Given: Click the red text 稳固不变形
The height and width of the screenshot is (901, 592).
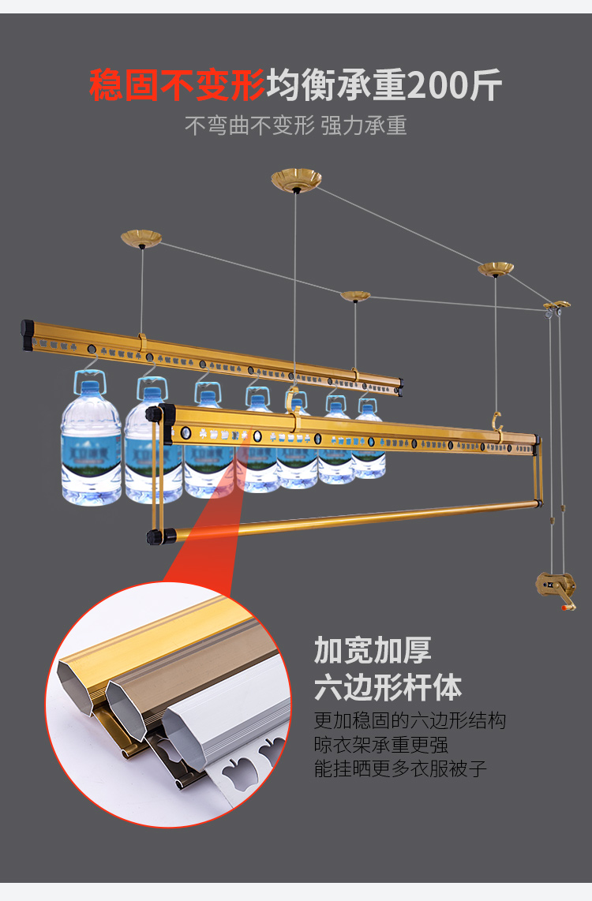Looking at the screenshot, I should tap(177, 85).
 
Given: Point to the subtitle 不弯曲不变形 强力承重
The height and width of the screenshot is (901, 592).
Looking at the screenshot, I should tap(296, 126).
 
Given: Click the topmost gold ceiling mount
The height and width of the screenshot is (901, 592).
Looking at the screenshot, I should tap(296, 181).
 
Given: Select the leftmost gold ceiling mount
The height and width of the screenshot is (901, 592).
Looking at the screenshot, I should tap(141, 237).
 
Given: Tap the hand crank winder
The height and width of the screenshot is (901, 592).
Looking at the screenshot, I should tap(556, 587).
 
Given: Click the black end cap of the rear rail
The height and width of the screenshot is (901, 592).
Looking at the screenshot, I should tap(28, 335).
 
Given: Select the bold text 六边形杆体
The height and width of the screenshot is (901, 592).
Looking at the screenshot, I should tap(388, 687).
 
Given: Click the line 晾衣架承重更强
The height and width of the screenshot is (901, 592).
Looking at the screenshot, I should tap(381, 744).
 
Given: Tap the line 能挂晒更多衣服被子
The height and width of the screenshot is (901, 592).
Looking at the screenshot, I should tap(400, 768).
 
